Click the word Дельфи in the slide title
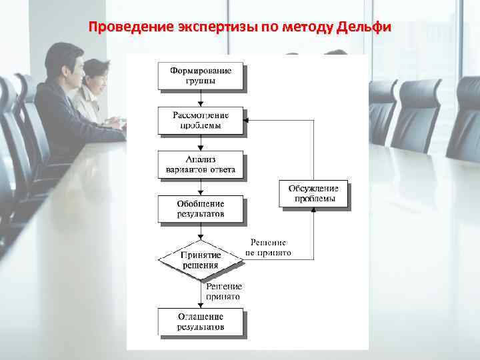(x=365, y=28)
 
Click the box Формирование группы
(x=200, y=76)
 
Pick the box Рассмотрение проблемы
(x=200, y=121)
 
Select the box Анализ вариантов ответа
(x=200, y=165)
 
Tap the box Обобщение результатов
(x=200, y=209)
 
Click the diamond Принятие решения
(x=200, y=259)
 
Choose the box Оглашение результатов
(x=200, y=321)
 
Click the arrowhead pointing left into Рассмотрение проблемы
(x=247, y=121)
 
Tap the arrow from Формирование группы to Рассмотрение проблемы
(x=201, y=99)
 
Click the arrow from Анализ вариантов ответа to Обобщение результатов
(x=201, y=187)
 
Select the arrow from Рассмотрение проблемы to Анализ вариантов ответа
(x=201, y=143)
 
